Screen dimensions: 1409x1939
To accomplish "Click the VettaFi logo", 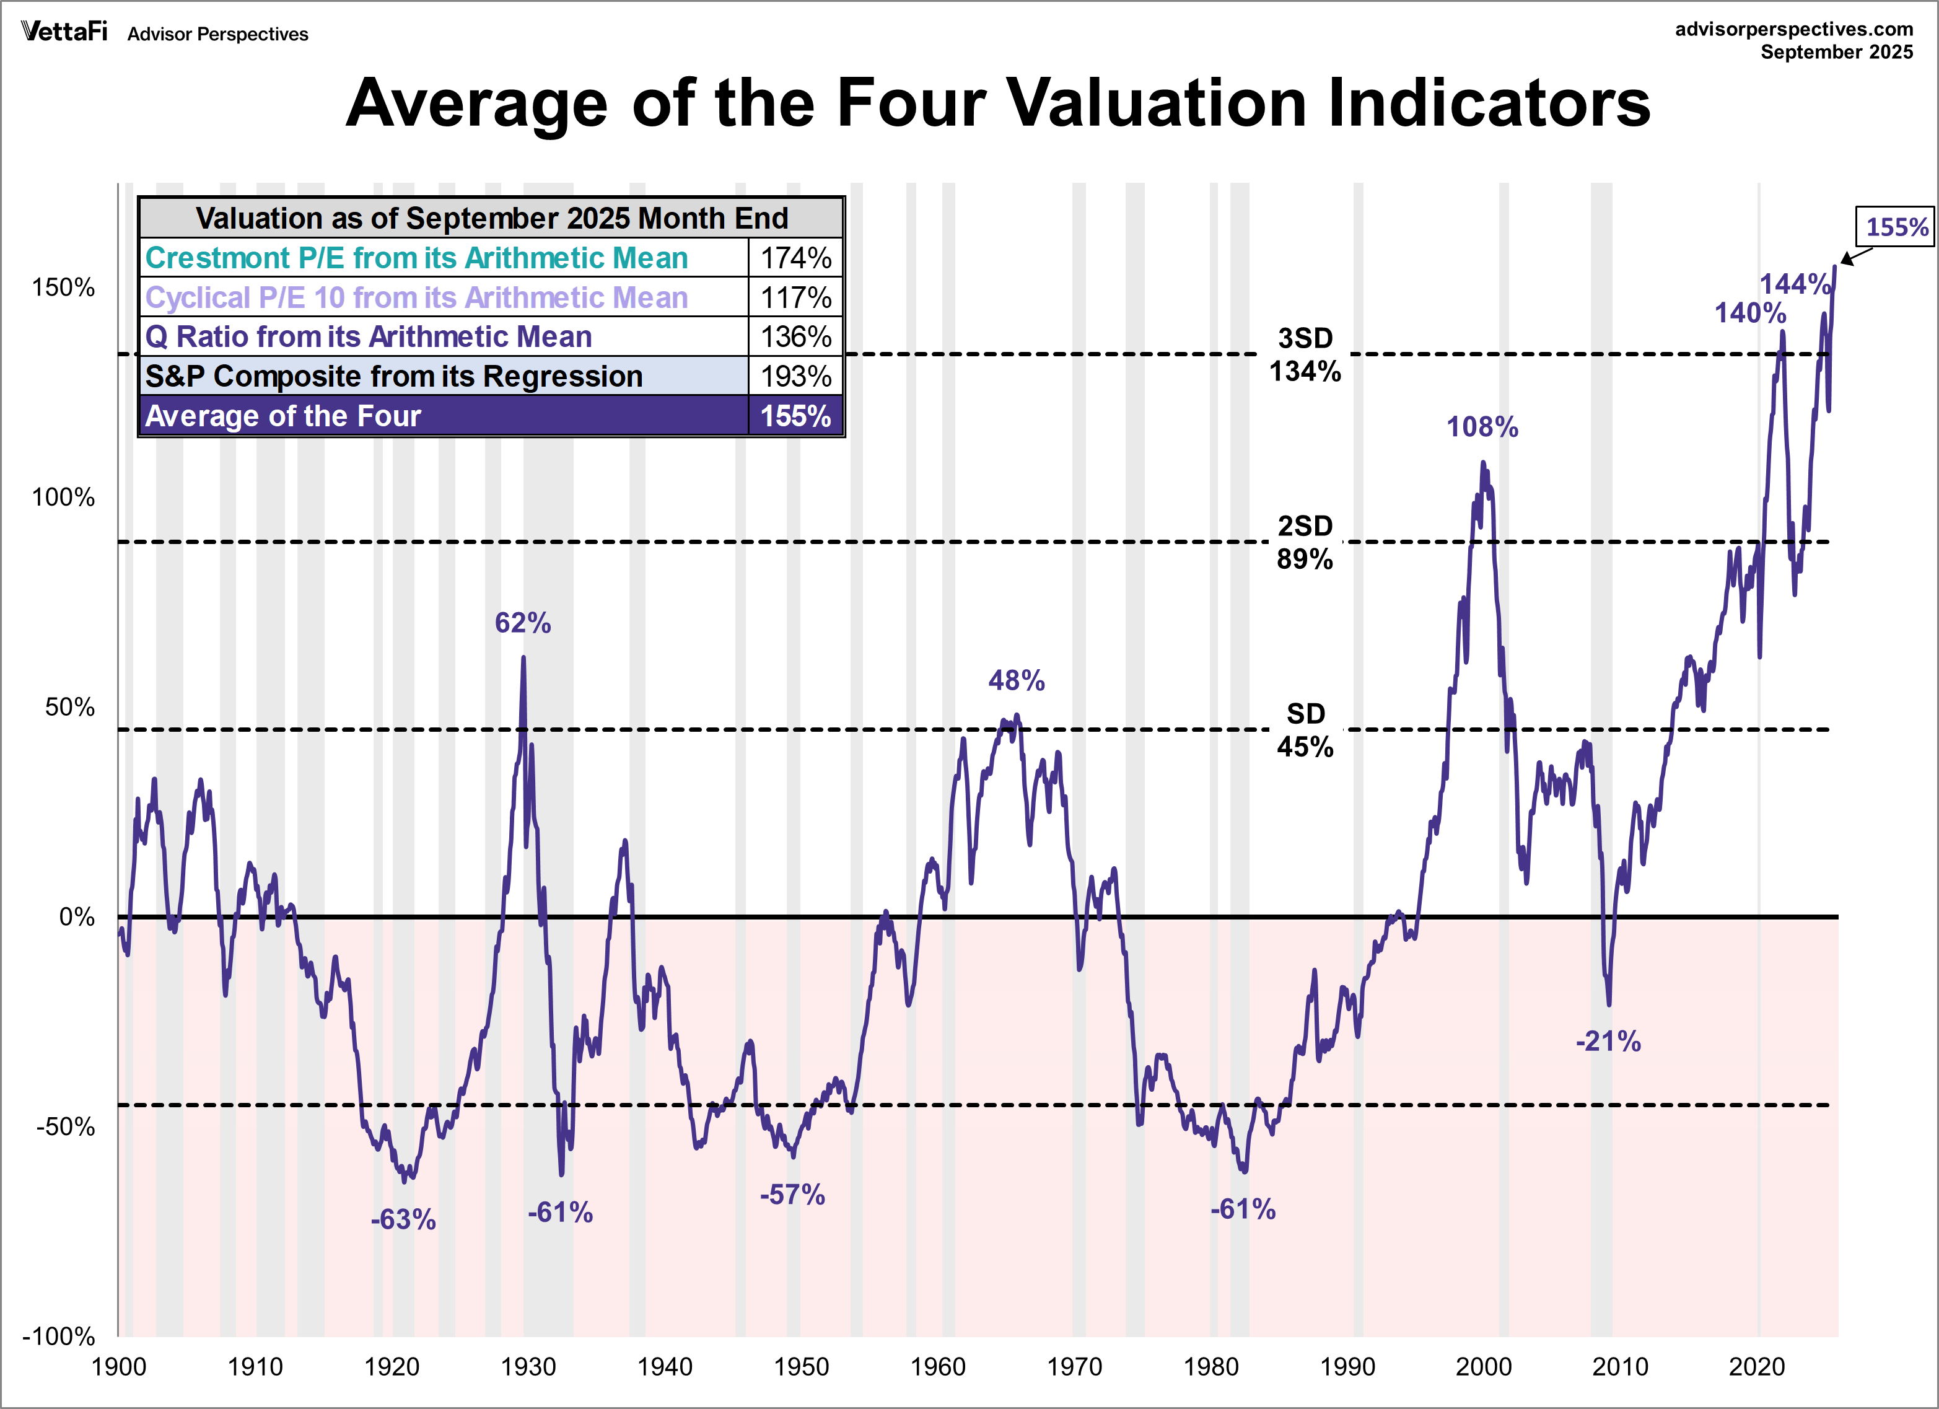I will [64, 32].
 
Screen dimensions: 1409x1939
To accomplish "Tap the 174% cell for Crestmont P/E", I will [795, 257].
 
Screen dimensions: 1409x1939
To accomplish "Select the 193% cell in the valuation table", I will [795, 376].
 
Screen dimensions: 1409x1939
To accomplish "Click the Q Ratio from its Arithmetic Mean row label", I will [369, 337].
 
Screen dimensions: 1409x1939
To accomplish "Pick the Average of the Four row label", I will [283, 416].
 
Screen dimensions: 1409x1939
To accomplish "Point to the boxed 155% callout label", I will [1896, 227].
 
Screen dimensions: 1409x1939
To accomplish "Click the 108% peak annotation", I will [1482, 427].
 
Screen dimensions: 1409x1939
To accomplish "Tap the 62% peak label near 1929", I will [522, 623].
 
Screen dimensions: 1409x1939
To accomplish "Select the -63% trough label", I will [403, 1219].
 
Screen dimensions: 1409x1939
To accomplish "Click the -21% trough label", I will [1608, 1042].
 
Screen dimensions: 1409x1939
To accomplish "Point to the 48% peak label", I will [1016, 680].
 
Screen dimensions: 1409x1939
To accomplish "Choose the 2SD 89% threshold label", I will [1305, 542].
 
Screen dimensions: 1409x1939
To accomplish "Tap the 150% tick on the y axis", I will [63, 288].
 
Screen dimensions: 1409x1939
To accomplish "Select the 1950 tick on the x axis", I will [801, 1367].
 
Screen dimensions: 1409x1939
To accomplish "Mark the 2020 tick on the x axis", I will [1757, 1367].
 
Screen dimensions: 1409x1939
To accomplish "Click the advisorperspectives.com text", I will [1793, 29].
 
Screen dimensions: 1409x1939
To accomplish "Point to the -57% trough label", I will [792, 1195].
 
